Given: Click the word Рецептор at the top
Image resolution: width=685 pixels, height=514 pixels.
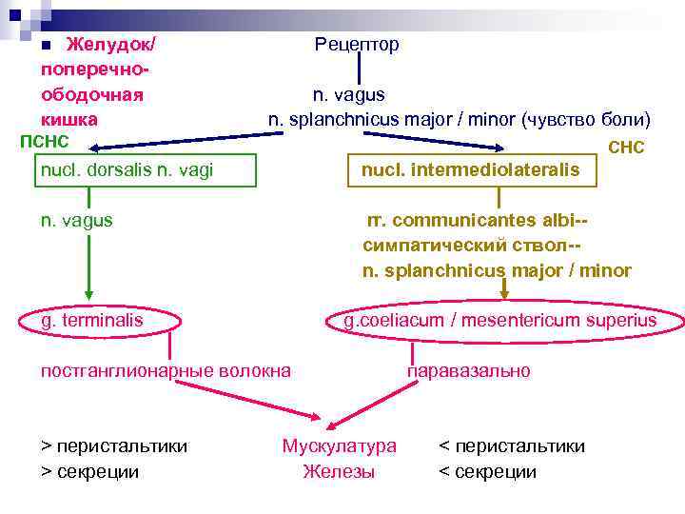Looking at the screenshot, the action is click(x=357, y=45).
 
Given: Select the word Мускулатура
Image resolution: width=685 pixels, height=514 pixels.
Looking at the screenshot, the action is click(x=339, y=445).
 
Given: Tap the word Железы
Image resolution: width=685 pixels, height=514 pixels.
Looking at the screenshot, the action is click(x=339, y=471).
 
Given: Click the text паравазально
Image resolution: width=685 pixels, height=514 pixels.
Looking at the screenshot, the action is click(x=469, y=370).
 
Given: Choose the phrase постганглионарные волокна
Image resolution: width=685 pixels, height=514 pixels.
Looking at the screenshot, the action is click(x=166, y=370).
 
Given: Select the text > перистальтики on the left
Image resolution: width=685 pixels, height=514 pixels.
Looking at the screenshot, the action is click(x=114, y=445).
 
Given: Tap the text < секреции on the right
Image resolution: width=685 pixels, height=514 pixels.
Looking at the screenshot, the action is click(x=487, y=471).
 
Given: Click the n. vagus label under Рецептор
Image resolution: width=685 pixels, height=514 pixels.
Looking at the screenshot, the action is click(x=349, y=94).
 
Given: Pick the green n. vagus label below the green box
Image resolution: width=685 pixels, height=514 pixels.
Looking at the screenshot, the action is click(x=76, y=220).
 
